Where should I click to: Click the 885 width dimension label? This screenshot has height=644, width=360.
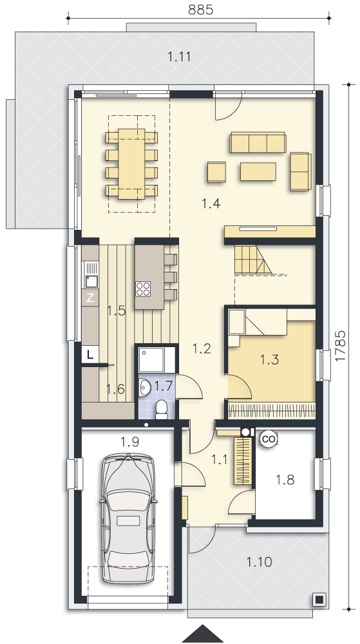click(x=200, y=10)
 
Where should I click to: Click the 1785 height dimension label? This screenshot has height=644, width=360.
click(x=341, y=346)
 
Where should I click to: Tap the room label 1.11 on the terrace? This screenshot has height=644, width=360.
click(x=180, y=56)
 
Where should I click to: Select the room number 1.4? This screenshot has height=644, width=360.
click(x=211, y=203)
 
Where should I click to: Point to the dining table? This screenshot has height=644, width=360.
click(x=131, y=164)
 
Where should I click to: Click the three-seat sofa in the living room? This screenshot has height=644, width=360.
click(x=258, y=142)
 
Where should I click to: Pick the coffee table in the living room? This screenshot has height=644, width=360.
click(x=258, y=171)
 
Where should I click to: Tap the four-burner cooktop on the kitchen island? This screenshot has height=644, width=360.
click(x=143, y=289)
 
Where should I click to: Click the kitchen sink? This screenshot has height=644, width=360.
click(x=91, y=281)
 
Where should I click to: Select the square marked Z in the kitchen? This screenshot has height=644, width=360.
click(x=90, y=298)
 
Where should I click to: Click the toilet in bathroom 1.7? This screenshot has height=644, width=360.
click(x=162, y=410)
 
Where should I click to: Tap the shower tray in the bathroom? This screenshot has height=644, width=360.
click(x=151, y=360)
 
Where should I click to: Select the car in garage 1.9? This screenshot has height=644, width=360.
click(x=128, y=518)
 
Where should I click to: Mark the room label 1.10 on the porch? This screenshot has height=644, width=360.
click(x=260, y=562)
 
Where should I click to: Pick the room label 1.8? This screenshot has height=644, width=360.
click(x=285, y=479)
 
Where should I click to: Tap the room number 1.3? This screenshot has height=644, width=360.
click(x=270, y=360)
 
